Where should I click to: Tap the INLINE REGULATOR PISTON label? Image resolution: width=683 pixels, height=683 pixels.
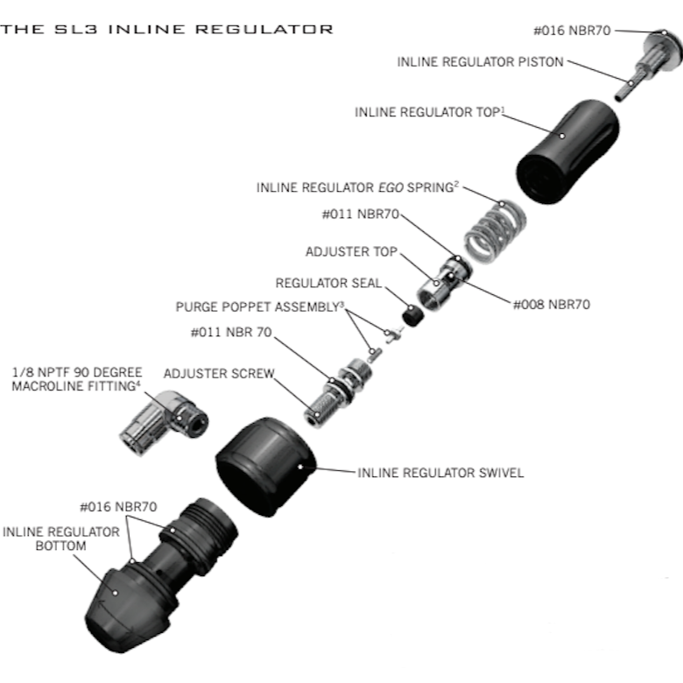(480, 62)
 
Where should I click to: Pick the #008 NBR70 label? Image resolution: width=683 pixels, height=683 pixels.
(551, 305)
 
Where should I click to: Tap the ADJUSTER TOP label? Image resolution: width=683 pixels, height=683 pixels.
(351, 252)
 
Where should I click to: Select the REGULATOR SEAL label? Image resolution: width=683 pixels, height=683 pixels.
(328, 284)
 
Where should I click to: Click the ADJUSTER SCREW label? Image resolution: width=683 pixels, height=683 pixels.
(219, 373)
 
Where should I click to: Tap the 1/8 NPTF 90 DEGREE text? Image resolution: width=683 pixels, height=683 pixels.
(77, 371)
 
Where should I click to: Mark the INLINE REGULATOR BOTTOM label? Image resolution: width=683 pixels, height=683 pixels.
(61, 539)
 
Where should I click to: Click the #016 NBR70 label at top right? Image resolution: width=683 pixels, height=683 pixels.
(573, 30)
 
